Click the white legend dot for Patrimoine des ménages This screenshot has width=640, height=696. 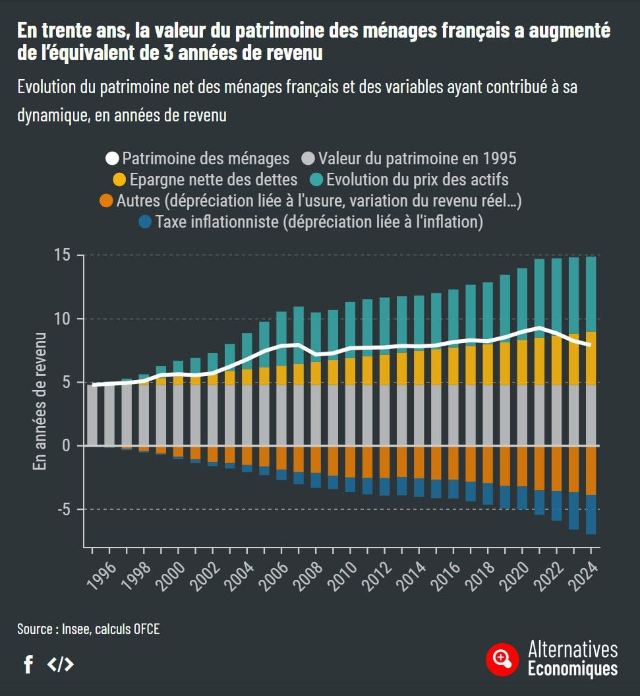click(113, 158)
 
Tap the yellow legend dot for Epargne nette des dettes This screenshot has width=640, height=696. click(119, 179)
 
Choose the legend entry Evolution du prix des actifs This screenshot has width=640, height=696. click(417, 179)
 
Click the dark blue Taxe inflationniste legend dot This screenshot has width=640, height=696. click(146, 222)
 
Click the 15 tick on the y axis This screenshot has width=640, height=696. click(63, 255)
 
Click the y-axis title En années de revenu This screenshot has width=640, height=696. click(40, 402)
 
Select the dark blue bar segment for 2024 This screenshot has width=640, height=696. click(591, 515)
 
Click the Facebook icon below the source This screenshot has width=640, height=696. click(28, 664)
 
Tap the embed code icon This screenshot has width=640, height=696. click(61, 664)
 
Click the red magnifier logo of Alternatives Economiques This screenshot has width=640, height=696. click(503, 658)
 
